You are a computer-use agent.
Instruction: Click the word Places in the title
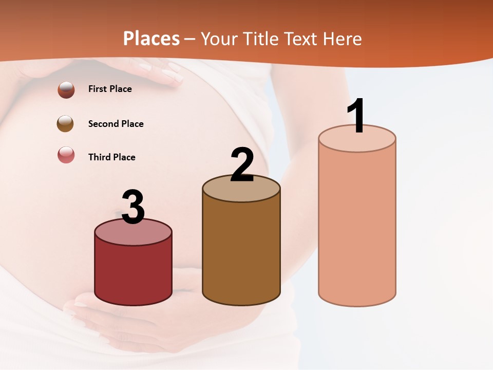coord(151,39)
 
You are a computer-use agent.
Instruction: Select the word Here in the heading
coord(342,39)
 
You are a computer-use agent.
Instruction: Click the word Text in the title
coord(301,39)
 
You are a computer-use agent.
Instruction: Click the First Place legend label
coord(110,89)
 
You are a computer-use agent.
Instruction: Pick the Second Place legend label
coord(116,124)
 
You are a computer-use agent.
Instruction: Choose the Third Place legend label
coord(111,157)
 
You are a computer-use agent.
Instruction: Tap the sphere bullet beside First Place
coord(66,89)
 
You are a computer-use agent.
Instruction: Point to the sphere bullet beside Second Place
coord(65,124)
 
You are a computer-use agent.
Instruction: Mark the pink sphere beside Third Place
coord(66,155)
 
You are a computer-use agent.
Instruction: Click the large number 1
coord(356,116)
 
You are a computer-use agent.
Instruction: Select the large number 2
coord(242,165)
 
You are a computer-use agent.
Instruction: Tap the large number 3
coord(134,207)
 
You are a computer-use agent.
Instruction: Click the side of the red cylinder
coord(134,272)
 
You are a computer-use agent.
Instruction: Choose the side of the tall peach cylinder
coord(357,226)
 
